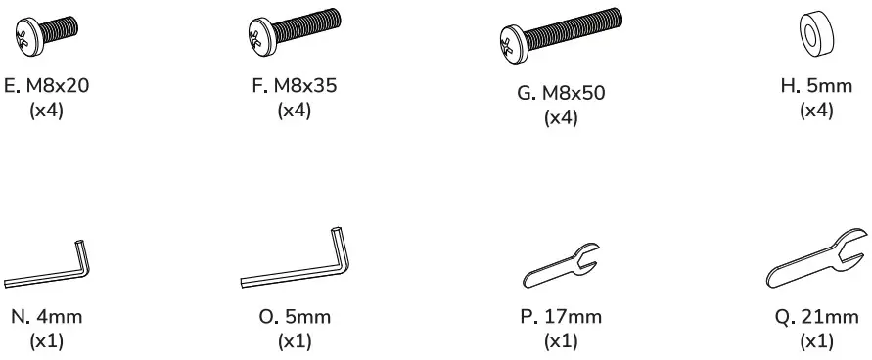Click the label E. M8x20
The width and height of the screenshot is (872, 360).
47,86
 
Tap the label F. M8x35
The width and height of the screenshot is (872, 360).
295,86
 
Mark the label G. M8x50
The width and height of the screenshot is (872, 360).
562,94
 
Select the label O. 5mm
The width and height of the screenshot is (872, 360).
295,317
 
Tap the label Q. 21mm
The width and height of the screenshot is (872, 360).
816,317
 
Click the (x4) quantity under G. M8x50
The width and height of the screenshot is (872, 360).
562,118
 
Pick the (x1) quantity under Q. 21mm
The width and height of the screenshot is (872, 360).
816,341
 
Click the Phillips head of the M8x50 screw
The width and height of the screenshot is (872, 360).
510,41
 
